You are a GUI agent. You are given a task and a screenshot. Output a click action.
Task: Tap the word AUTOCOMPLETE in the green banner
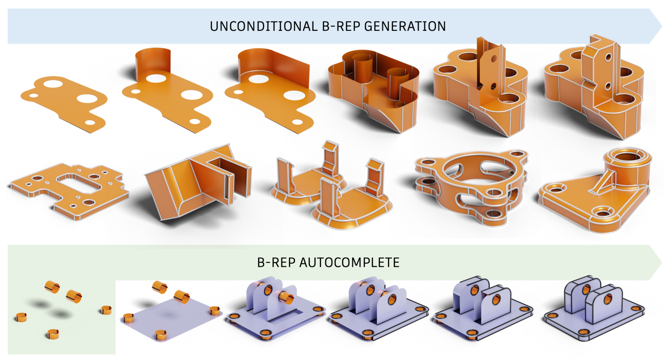349,262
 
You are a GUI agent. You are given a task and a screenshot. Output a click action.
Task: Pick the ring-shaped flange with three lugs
471,186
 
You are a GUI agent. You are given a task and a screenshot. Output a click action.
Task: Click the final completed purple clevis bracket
594,309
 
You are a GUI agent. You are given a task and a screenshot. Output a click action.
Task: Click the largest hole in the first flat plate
87,97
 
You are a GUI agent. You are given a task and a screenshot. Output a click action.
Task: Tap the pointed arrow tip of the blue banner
660,26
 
